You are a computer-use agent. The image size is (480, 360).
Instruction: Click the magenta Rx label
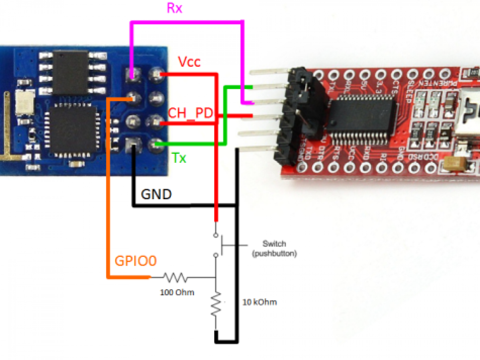[x=175, y=8]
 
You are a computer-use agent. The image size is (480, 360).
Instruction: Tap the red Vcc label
[x=189, y=62]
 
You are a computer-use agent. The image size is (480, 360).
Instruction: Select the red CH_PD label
[x=190, y=113]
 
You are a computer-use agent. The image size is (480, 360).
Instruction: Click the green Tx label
[x=179, y=158]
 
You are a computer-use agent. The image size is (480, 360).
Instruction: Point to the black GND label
[x=156, y=195]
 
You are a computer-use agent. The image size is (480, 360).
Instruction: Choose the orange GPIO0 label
[x=136, y=261]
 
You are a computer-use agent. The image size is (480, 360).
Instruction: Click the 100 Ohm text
[x=177, y=292]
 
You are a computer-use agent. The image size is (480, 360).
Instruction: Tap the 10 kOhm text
[x=259, y=302]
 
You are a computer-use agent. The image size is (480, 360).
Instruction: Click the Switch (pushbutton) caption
[x=274, y=248]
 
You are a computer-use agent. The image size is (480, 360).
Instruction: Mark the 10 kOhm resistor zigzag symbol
[x=216, y=304]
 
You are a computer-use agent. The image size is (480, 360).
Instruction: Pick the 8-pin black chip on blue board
[x=70, y=72]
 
